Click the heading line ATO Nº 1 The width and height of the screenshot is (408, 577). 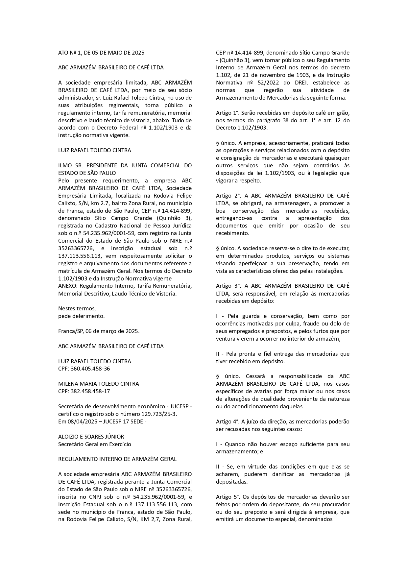[101, 53]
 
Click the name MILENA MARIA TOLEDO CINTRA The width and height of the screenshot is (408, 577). [98, 384]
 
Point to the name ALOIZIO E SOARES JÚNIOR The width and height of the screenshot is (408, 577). [91, 437]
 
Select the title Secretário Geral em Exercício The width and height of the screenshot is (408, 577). [94, 444]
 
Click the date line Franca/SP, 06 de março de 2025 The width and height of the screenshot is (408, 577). [99, 331]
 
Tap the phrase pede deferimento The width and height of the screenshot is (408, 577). [81, 316]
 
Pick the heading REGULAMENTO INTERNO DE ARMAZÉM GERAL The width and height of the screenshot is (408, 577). [117, 459]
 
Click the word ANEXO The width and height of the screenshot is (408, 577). [67, 286]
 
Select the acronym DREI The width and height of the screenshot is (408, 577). [299, 83]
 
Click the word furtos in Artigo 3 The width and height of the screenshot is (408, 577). [307, 331]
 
